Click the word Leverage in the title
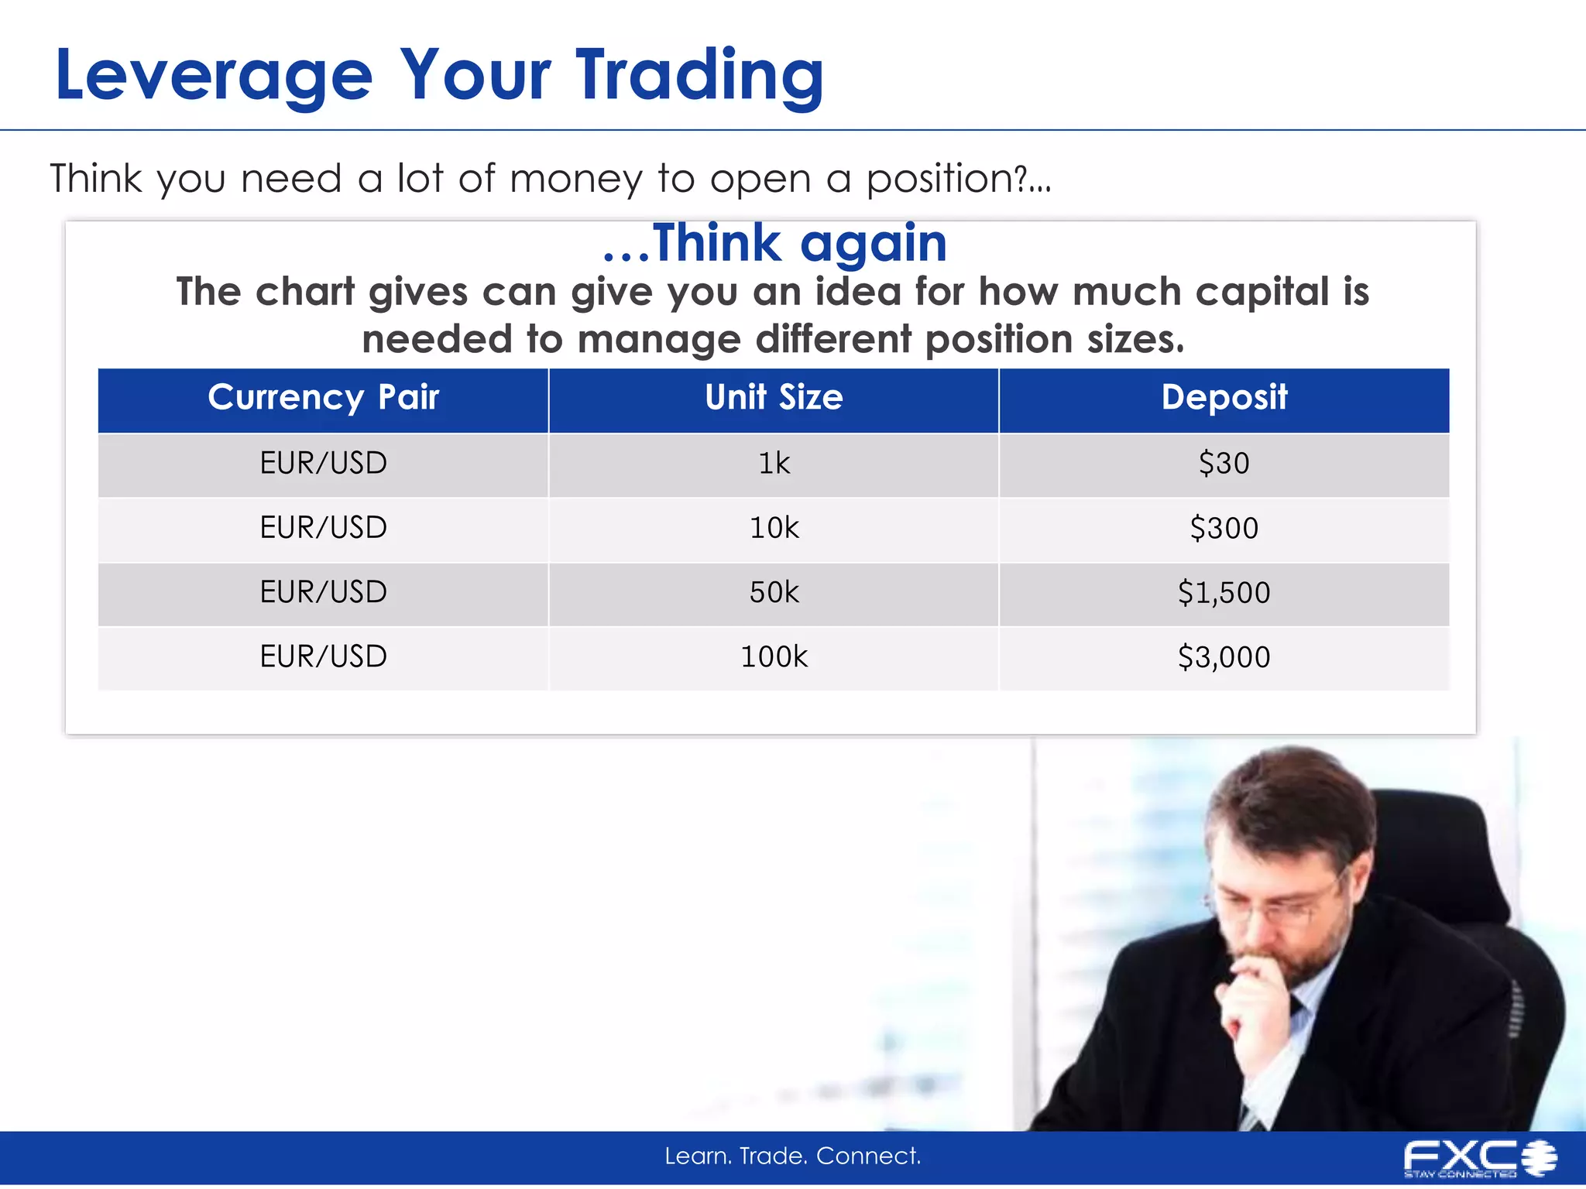[x=214, y=75]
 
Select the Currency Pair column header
[x=323, y=398]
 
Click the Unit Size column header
[x=774, y=398]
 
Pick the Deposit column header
[x=1224, y=398]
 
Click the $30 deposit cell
[x=1224, y=464]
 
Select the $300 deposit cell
[x=1224, y=529]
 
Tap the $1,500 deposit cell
[x=1224, y=593]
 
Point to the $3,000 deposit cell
[x=1224, y=657]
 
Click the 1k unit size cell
[x=774, y=464]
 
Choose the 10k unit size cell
[x=774, y=529]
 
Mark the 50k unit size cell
[x=774, y=593]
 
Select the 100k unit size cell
[x=774, y=657]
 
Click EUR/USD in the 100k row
[x=323, y=657]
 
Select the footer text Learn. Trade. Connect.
[x=793, y=1156]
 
